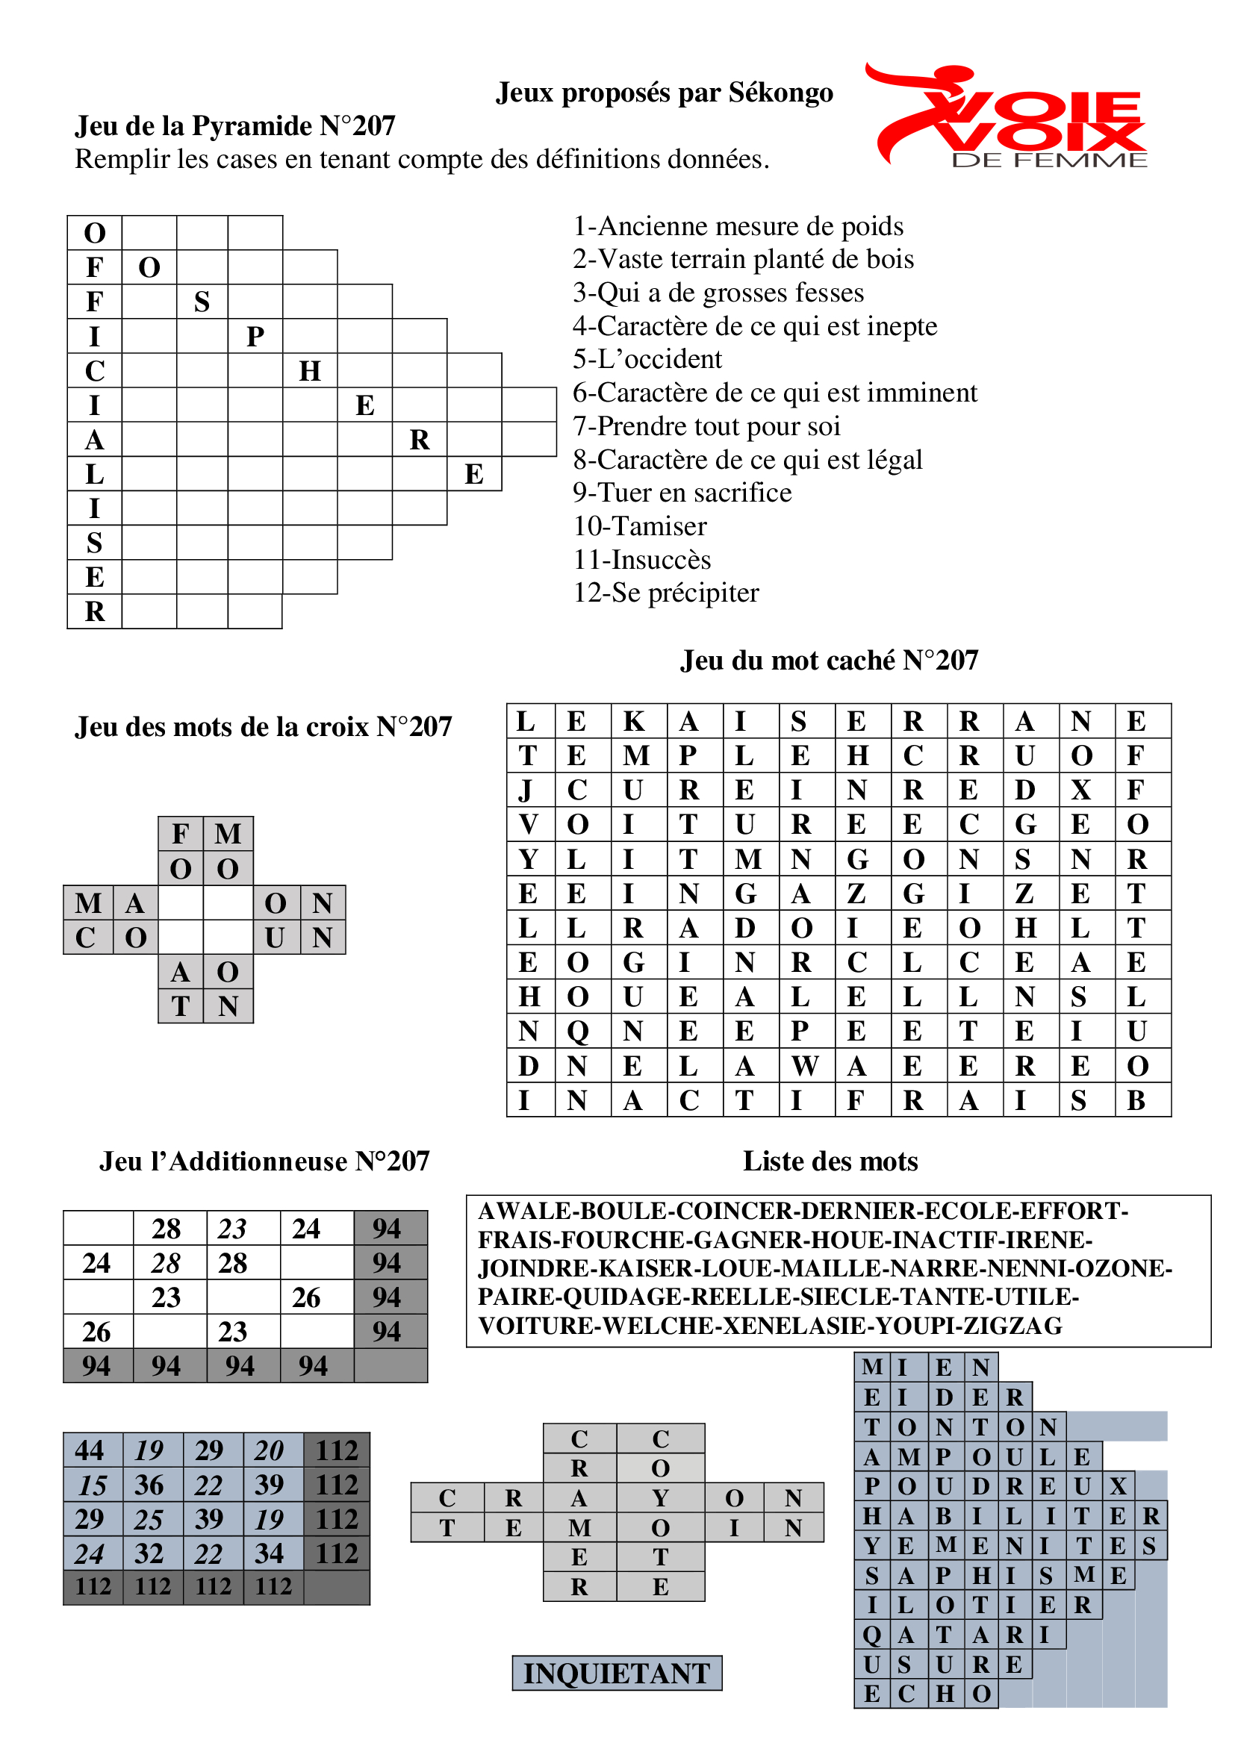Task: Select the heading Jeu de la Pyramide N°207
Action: [x=235, y=126]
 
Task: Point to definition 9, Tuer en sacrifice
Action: [x=682, y=493]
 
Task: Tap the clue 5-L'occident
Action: [x=647, y=359]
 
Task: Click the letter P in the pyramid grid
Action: [x=255, y=336]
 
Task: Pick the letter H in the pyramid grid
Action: [x=310, y=371]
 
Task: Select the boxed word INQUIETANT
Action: [x=617, y=1673]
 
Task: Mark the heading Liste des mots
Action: [x=830, y=1162]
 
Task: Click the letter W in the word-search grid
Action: [x=805, y=1066]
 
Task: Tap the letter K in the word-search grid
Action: [x=633, y=721]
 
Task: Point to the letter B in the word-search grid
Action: [x=1136, y=1100]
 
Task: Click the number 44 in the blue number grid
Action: [x=90, y=1450]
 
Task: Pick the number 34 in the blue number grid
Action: [x=270, y=1553]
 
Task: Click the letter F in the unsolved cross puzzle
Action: [x=180, y=835]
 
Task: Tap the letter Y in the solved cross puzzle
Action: [x=660, y=1497]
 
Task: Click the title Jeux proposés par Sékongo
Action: [x=665, y=93]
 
